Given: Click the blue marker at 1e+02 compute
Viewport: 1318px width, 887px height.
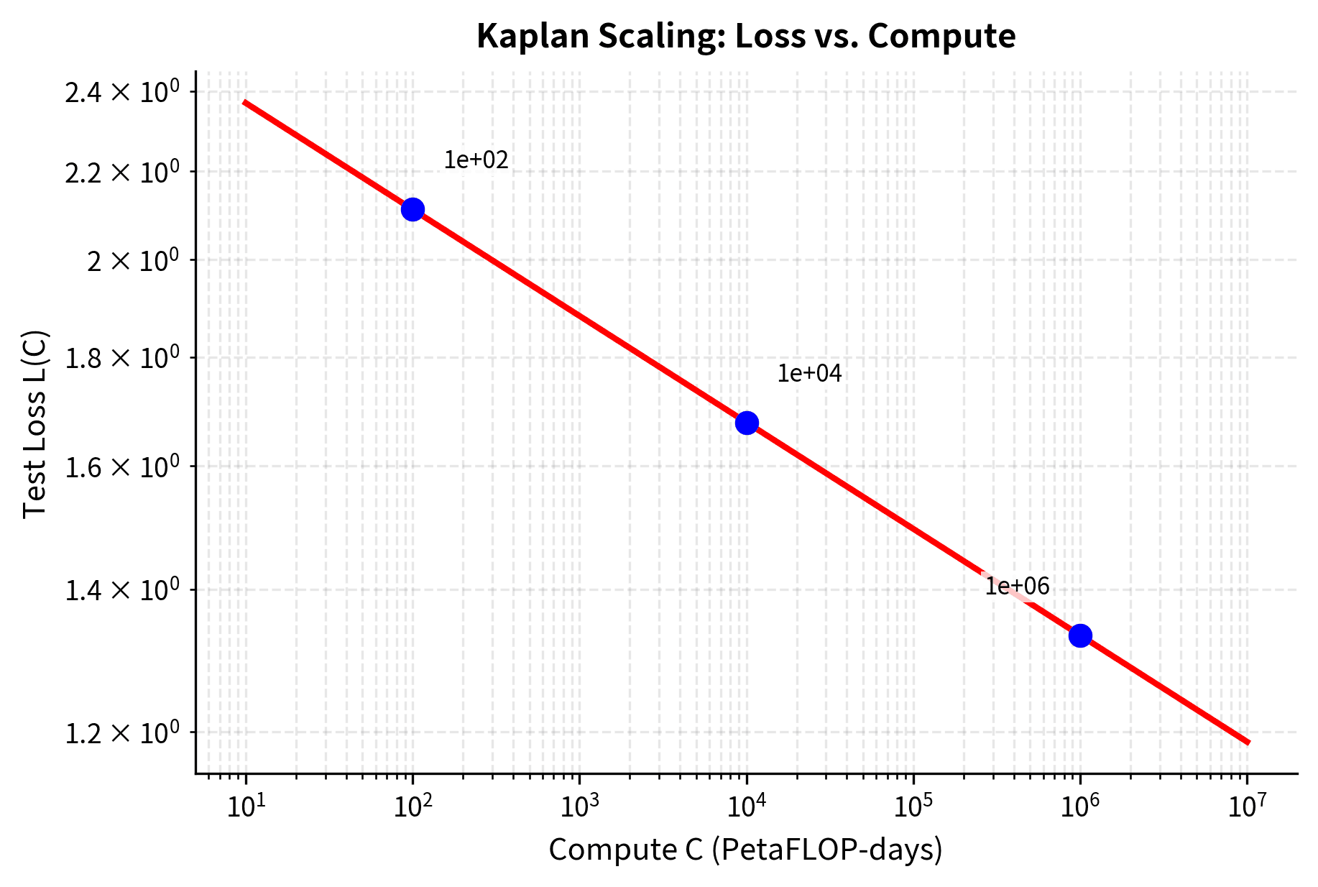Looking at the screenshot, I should tap(413, 209).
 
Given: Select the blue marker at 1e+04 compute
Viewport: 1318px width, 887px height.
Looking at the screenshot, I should tap(747, 423).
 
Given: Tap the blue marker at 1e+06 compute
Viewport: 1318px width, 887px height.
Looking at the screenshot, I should tap(1080, 635).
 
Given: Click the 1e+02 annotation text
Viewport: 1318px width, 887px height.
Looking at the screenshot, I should tap(476, 160).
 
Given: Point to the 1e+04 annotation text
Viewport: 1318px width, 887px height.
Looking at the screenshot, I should tap(809, 373).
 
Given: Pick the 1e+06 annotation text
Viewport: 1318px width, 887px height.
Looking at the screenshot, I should tap(1017, 587).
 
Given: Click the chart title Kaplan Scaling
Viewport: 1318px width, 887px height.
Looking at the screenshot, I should tap(746, 36).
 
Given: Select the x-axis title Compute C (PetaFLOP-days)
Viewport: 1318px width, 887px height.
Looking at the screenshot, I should tap(745, 850).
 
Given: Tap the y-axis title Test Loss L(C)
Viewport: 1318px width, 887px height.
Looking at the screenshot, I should tap(34, 423).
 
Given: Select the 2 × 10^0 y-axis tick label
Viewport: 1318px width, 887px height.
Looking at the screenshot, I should tap(132, 261).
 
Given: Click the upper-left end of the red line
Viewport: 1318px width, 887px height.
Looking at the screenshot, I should tap(245, 103).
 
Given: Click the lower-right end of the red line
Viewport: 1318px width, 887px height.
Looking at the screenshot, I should tap(1248, 742).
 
